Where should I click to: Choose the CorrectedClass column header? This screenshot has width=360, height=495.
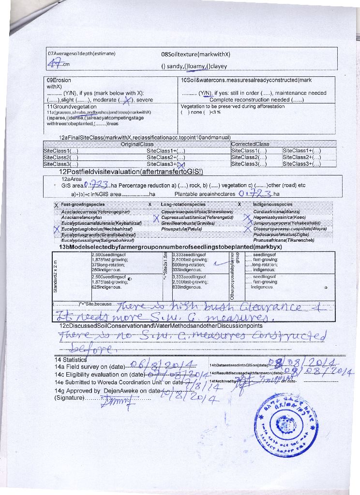[250, 144]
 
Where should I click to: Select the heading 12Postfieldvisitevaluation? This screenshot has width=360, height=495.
[131, 172]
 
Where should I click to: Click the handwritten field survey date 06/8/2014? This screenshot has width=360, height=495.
[167, 365]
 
